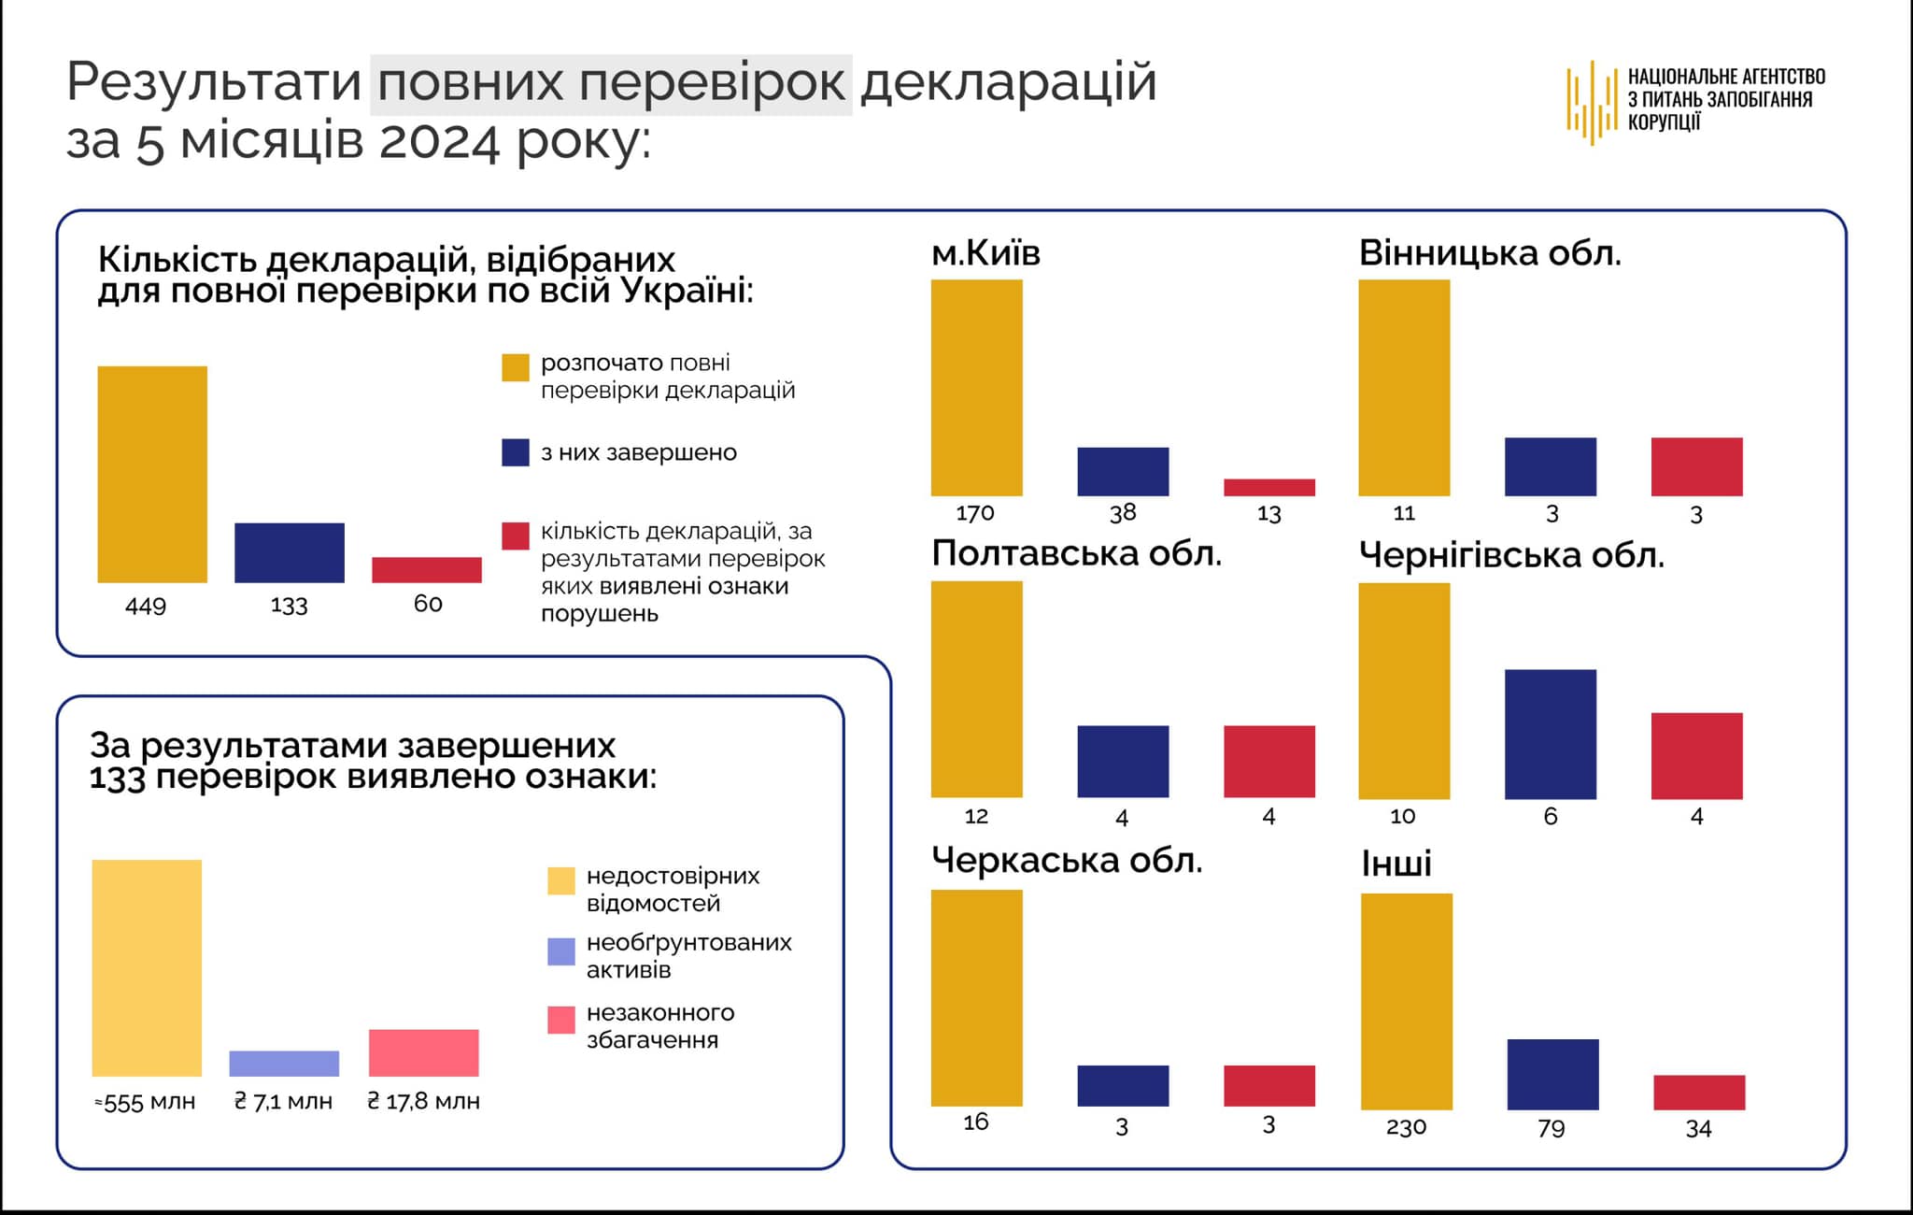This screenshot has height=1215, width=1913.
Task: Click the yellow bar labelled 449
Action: tap(152, 474)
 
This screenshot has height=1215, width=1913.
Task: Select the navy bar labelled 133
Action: tap(290, 552)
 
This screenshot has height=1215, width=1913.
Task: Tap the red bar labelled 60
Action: tap(427, 570)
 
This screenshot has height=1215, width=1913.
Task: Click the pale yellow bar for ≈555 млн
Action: tap(147, 967)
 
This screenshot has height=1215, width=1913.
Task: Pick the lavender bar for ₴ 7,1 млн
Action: tap(284, 1064)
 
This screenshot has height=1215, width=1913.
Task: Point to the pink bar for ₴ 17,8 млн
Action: tap(424, 1052)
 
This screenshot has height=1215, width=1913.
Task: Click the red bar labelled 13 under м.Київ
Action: tap(1269, 487)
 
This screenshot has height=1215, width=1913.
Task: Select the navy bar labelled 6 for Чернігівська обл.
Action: tap(1551, 734)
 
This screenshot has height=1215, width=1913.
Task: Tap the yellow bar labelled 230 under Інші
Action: tap(1407, 1001)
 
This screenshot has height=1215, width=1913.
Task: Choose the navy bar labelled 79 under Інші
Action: tap(1553, 1074)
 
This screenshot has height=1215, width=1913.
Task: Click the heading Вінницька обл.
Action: tap(1490, 253)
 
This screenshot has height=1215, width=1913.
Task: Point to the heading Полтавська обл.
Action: tap(1076, 554)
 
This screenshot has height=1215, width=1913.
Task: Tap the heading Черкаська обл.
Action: tap(1067, 861)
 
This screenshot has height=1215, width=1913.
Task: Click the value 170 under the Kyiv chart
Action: tap(975, 513)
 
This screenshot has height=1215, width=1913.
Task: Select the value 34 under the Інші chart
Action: tap(1698, 1129)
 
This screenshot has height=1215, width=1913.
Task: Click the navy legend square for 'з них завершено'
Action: tap(516, 452)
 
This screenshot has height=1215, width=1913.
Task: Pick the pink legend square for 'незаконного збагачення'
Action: tap(560, 1020)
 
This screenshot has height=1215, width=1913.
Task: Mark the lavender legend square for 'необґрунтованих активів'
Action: tap(560, 951)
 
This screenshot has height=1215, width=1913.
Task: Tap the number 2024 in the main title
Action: tap(439, 143)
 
